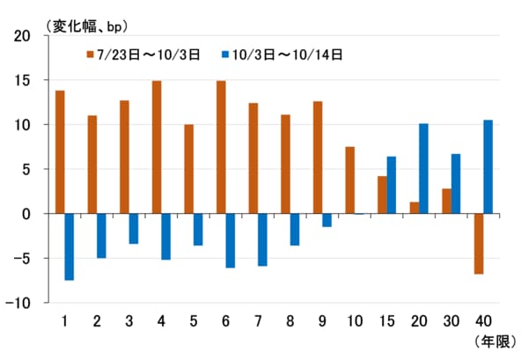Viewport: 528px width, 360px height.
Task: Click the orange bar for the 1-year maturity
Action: [60, 151]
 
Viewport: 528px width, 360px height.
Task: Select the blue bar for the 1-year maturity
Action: [69, 246]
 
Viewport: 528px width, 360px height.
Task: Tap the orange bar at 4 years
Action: [156, 147]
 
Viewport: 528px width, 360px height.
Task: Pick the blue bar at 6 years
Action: [230, 240]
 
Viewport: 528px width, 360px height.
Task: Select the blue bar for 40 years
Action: [488, 166]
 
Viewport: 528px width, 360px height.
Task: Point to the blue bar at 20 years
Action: [423, 168]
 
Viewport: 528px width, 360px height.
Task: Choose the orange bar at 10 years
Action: [349, 180]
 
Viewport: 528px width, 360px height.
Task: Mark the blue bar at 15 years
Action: [391, 185]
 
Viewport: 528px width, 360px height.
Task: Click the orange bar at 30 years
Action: [446, 201]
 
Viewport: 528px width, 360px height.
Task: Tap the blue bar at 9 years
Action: [326, 220]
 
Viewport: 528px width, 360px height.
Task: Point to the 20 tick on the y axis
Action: [21, 36]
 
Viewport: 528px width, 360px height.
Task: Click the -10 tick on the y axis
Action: [18, 303]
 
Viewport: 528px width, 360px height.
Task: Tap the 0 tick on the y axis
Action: [26, 214]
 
